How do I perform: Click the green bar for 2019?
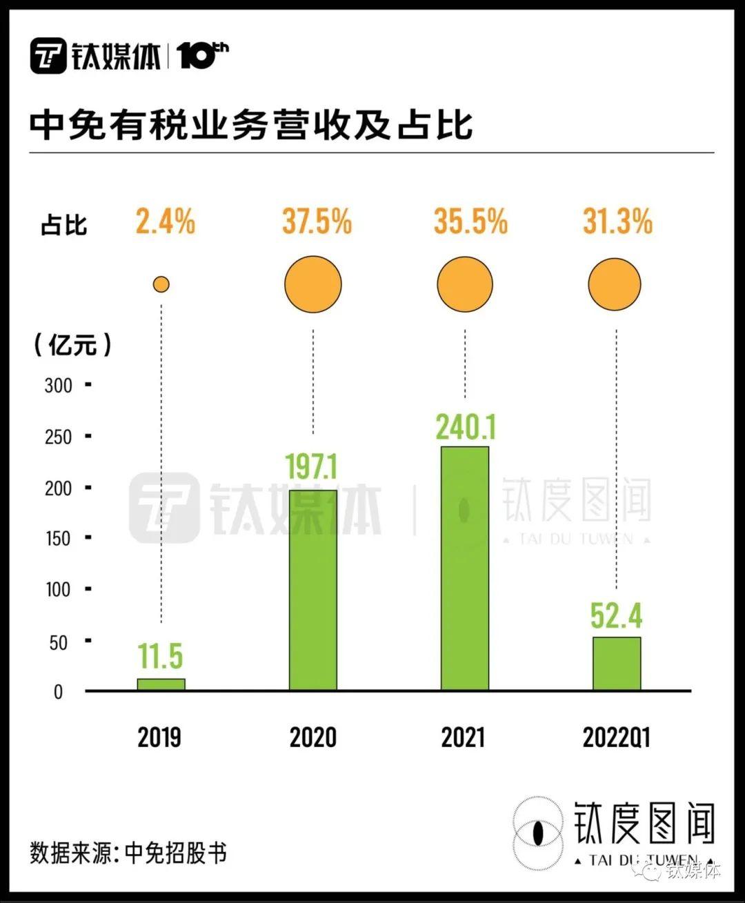pos(161,684)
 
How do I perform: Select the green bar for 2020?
pos(313,590)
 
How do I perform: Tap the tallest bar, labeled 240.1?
pos(465,568)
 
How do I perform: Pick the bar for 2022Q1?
pos(617,664)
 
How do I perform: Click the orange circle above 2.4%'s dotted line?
pos(161,284)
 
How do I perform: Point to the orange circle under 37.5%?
pos(313,284)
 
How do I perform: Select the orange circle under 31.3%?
pos(615,284)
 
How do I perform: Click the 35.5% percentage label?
pos(470,222)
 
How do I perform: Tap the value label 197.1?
pos(312,467)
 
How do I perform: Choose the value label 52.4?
pos(616,615)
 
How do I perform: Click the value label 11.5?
pos(161,656)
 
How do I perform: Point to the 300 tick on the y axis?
pos(59,385)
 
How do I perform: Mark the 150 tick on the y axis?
pos(59,539)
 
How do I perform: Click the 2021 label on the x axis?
pos(464,737)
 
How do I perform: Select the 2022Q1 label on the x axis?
pos(616,737)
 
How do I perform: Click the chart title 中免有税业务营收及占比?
pos(251,125)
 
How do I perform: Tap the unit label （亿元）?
pos(72,344)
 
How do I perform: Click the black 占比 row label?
pos(63,225)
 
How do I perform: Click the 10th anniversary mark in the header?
pos(203,55)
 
